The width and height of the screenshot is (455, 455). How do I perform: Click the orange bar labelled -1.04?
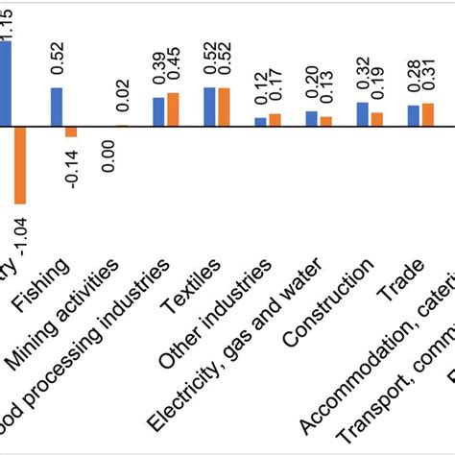click(20, 164)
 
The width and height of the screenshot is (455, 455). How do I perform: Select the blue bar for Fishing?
click(56, 107)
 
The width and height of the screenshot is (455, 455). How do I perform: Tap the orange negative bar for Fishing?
click(70, 132)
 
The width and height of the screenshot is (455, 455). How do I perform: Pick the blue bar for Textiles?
click(210, 107)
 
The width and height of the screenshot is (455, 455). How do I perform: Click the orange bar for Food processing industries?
click(173, 109)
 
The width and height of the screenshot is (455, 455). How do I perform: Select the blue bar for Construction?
click(363, 114)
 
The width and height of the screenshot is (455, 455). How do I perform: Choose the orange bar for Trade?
click(428, 114)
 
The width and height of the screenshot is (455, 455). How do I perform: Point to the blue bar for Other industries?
click(260, 122)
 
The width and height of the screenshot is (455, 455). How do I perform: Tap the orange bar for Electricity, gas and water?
click(325, 121)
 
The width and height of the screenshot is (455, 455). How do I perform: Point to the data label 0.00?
click(108, 155)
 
